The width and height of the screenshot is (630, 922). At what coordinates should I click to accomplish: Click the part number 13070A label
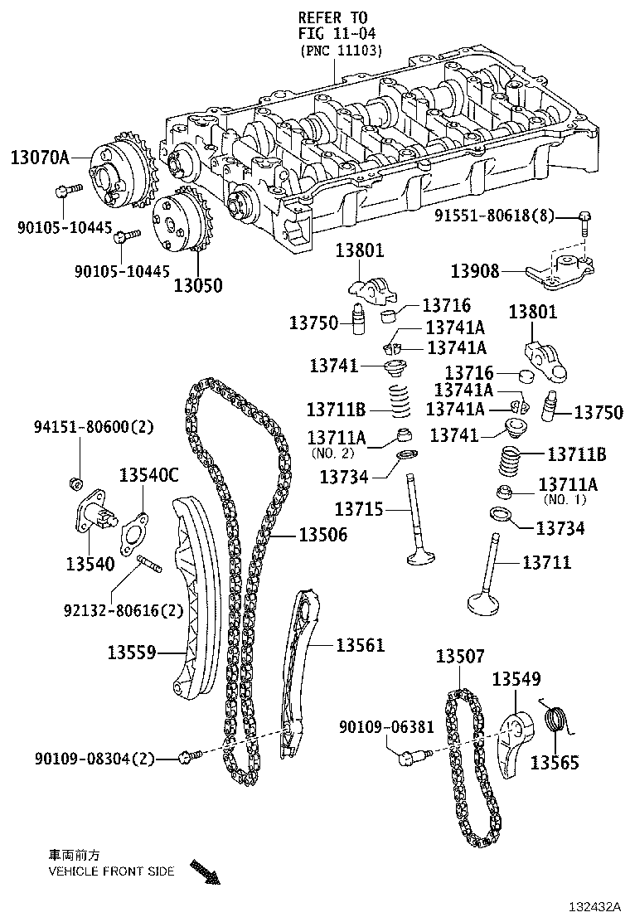pyautogui.click(x=40, y=156)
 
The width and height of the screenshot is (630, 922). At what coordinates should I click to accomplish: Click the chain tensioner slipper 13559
pyautogui.click(x=193, y=597)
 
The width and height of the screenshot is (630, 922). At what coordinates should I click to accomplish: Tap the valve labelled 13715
pyautogui.click(x=415, y=522)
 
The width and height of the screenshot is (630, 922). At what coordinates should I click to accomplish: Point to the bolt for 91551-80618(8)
pyautogui.click(x=585, y=221)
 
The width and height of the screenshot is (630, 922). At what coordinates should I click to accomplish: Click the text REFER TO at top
pyautogui.click(x=332, y=17)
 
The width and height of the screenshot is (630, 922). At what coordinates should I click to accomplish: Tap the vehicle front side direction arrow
pyautogui.click(x=204, y=873)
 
